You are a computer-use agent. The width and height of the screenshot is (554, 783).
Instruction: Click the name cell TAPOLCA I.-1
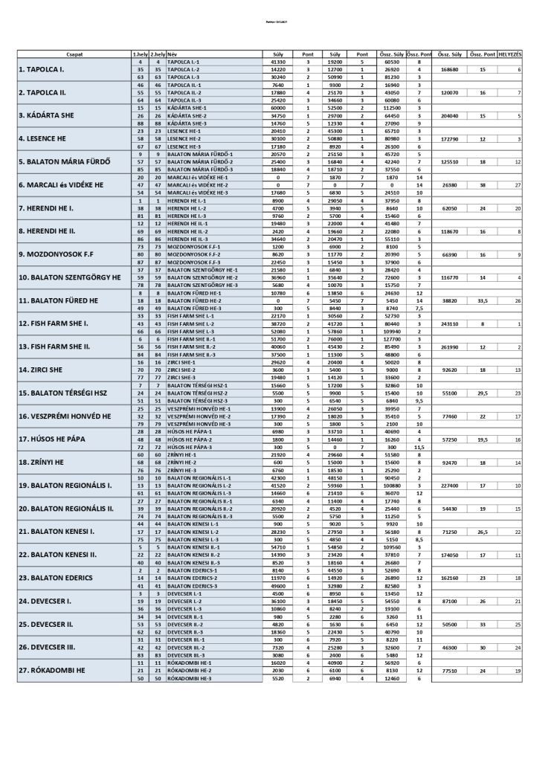click(x=183, y=62)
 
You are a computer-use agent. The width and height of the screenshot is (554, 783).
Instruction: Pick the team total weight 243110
click(x=450, y=324)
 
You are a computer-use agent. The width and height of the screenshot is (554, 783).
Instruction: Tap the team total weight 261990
click(x=450, y=347)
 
